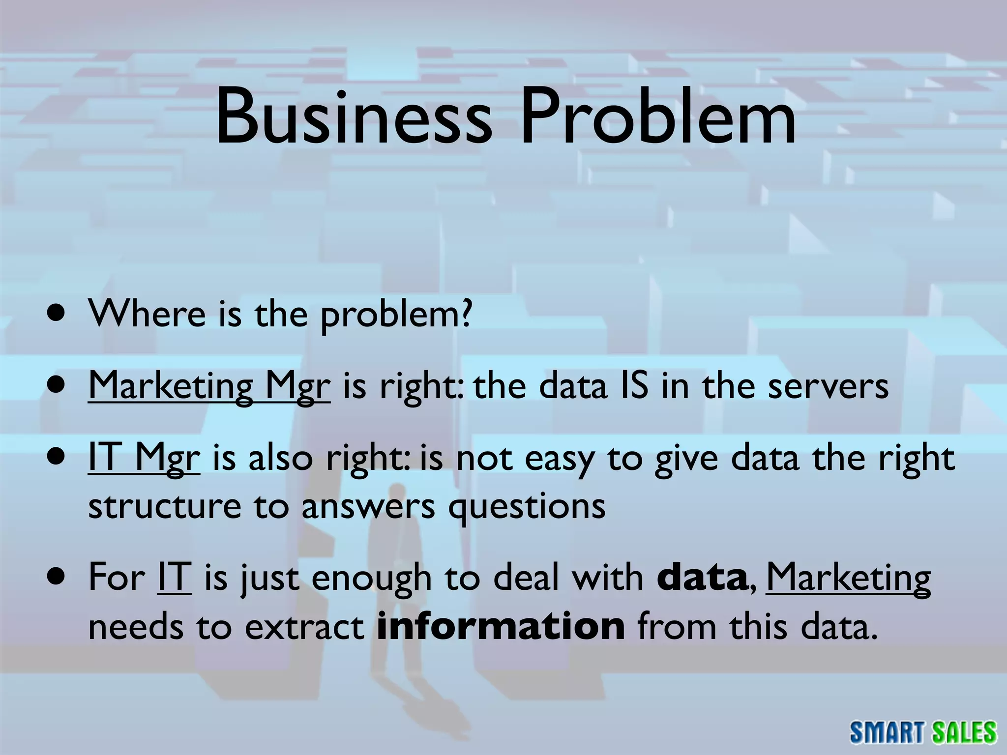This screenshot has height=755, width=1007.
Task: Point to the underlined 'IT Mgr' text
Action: click(x=144, y=458)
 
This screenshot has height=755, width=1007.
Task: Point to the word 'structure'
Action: click(x=164, y=506)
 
